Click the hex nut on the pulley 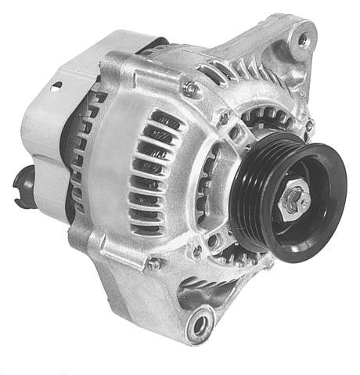point(295,200)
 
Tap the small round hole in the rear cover point(56,86)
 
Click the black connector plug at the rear point(23,181)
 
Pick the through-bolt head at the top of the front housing point(190,88)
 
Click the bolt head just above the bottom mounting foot point(154,263)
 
